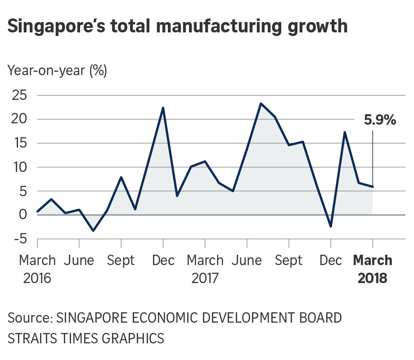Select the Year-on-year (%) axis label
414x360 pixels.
(57, 71)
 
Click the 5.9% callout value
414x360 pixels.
(380, 120)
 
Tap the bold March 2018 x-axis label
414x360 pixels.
(373, 269)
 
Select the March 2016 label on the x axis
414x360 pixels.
(37, 269)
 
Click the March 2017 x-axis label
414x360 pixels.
(205, 269)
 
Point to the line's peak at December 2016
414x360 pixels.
(163, 108)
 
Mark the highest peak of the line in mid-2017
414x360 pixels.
(261, 103)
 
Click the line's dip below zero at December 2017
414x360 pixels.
(331, 226)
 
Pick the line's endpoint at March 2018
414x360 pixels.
(373, 187)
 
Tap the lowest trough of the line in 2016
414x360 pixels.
(93, 230)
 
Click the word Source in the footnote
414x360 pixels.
(28, 318)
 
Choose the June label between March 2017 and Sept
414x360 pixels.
(247, 261)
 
